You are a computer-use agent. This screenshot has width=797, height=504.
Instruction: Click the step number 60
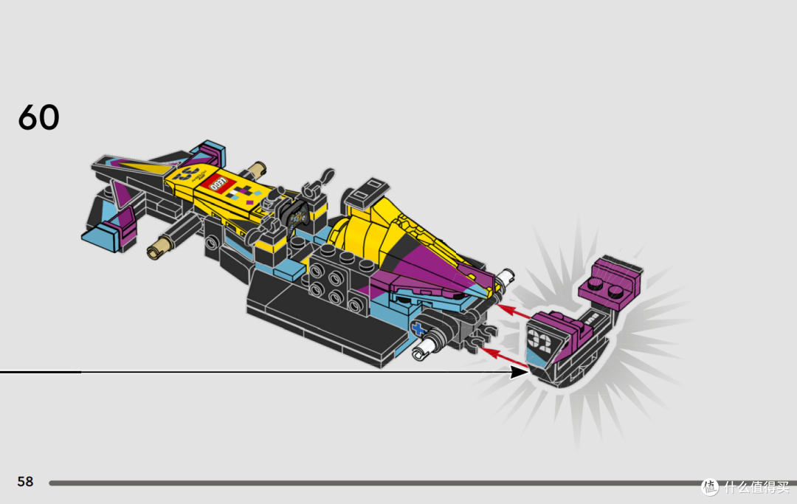(x=38, y=117)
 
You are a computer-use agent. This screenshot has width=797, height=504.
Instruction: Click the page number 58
(x=25, y=481)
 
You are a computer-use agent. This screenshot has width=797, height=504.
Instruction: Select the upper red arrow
(x=514, y=312)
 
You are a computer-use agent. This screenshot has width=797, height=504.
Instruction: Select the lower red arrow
(x=504, y=356)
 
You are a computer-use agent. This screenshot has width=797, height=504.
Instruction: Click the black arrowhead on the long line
(x=519, y=372)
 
